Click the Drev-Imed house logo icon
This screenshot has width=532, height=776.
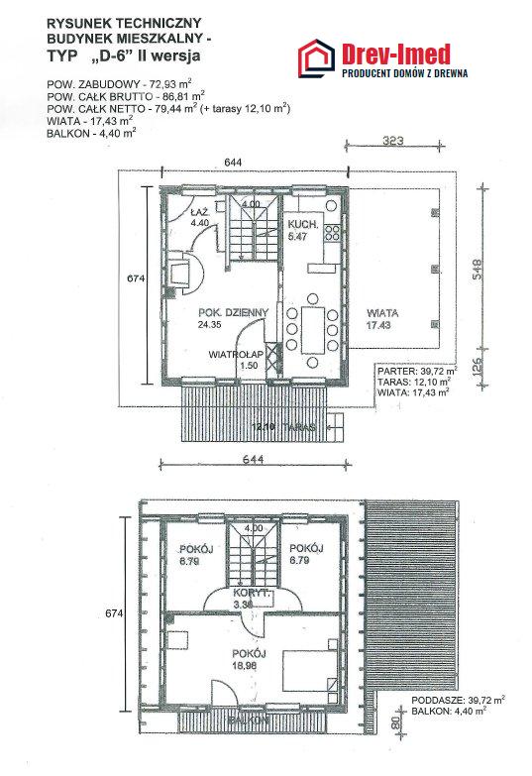tap(317, 58)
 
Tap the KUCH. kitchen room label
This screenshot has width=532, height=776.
tap(303, 225)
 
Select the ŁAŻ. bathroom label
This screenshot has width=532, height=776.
tap(199, 212)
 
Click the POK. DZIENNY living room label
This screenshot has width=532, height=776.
tap(233, 313)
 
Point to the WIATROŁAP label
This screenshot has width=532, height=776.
tap(236, 355)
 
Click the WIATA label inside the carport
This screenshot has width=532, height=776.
tap(382, 313)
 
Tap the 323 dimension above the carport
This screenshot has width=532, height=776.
tap(393, 140)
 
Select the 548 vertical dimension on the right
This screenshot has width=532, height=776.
tap(477, 270)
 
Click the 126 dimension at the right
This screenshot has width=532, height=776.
tap(478, 367)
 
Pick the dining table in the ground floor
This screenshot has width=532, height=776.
tap(312, 330)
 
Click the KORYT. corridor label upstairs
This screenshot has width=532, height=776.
tap(252, 593)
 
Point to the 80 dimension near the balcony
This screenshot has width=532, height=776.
tap(395, 723)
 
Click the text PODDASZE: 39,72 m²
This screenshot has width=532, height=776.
tap(459, 700)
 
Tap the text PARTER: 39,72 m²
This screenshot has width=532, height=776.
tap(417, 371)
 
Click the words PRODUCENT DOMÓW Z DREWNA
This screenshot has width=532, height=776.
tap(405, 73)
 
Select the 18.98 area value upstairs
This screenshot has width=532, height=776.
tap(245, 666)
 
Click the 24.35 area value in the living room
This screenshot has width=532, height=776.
tap(209, 325)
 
